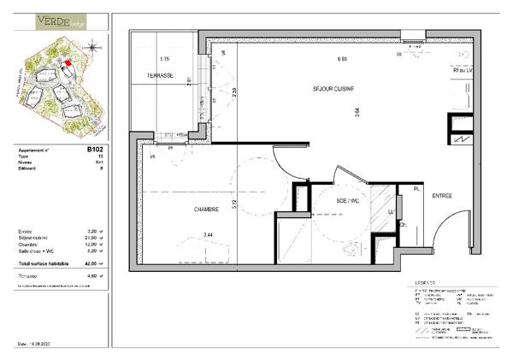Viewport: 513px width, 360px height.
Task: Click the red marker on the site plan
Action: pos(68,63)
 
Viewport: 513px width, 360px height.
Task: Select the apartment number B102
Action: pos(94,148)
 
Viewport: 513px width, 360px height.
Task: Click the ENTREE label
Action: pos(441,196)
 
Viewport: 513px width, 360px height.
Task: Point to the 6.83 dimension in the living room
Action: pos(341,59)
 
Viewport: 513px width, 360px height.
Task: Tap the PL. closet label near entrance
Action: pos(416,189)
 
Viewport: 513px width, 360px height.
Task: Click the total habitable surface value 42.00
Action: pos(91,265)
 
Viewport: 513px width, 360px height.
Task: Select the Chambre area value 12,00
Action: pos(92,245)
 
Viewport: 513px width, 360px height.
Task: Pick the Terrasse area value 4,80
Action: pos(92,276)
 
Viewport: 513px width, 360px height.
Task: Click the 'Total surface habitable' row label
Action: pos(44,265)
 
